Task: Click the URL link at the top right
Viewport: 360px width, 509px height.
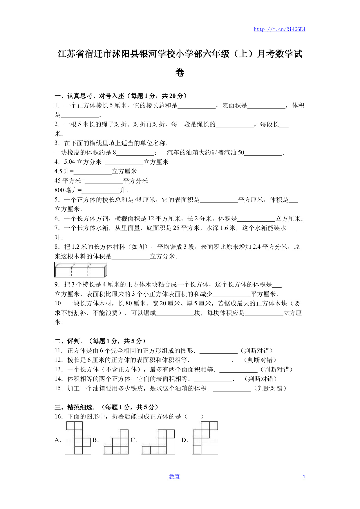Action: (279, 29)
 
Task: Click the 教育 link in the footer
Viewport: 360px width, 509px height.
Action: (174, 476)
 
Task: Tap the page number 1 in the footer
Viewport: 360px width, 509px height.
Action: (304, 476)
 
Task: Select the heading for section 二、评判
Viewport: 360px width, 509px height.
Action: (100, 341)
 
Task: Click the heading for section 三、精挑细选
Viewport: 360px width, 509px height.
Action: (106, 407)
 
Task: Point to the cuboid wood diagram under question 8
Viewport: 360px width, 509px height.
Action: (81, 270)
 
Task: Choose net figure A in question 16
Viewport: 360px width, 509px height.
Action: (78, 438)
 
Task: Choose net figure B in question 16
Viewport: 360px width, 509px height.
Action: (116, 442)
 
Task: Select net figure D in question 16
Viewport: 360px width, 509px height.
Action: (205, 438)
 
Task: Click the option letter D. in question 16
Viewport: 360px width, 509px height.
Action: (185, 440)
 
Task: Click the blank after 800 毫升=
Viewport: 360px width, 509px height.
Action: (101, 191)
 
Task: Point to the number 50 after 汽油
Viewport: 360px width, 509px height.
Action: (241, 153)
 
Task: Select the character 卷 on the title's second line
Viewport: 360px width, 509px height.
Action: (180, 73)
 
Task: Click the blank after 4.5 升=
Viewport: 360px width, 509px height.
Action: (93, 172)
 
